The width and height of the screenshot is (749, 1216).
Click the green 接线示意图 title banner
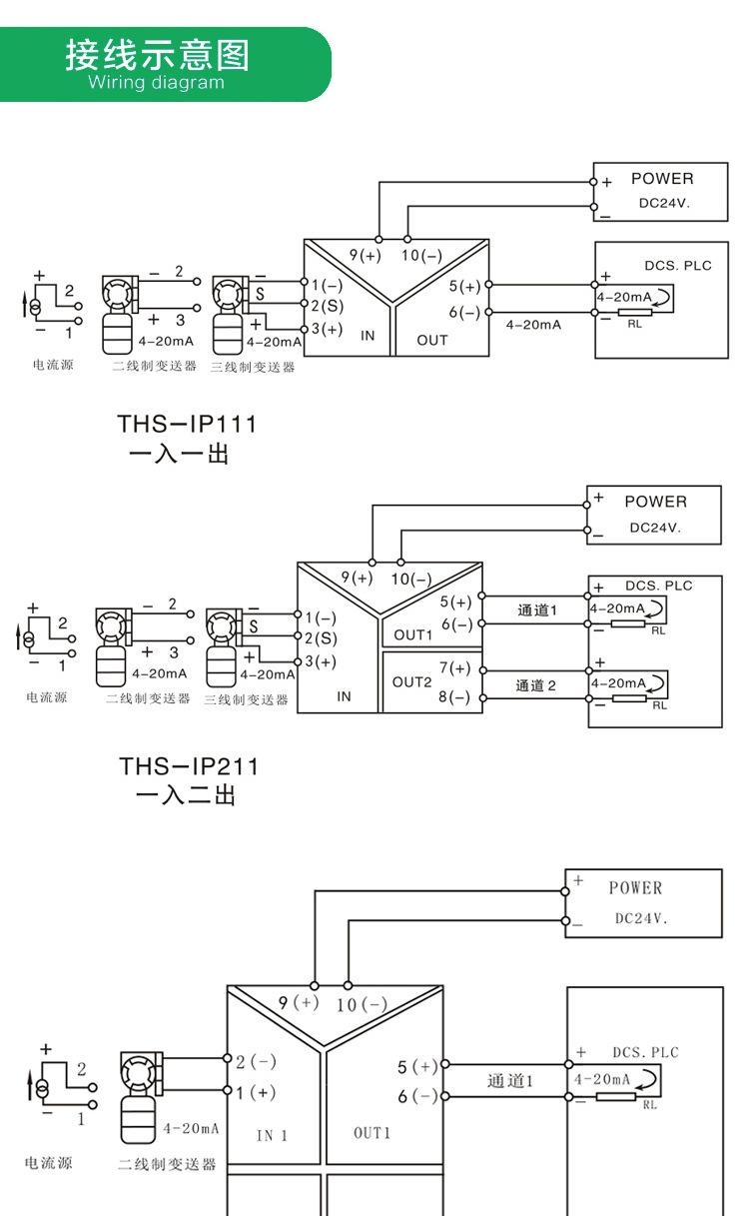pos(160,63)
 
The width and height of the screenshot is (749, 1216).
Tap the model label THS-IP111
pos(187,424)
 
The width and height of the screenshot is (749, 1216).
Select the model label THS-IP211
pos(188,766)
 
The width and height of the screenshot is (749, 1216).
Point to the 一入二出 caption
pos(185,796)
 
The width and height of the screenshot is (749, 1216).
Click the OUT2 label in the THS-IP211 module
pos(411,681)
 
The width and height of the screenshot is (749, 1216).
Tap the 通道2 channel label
pos(536,684)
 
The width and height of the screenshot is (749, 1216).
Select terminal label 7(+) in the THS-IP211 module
pos(454,667)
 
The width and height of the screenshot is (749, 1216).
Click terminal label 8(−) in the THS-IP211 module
pos(454,696)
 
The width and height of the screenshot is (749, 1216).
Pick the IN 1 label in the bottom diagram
pos(272,1135)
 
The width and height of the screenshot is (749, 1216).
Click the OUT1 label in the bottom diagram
pos(372,1132)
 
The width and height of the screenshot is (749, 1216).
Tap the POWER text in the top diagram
pos(661,179)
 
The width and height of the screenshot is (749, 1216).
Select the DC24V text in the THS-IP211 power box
pos(654,528)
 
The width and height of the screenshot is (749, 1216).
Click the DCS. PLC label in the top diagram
pos(677,266)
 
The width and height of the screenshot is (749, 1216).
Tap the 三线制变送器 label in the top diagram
pos(254,367)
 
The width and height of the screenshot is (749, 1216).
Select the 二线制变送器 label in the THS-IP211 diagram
pos(148,698)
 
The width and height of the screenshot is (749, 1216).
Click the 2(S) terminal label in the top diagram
pos(324,305)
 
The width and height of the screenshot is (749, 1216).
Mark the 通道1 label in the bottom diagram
pos(510,1080)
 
